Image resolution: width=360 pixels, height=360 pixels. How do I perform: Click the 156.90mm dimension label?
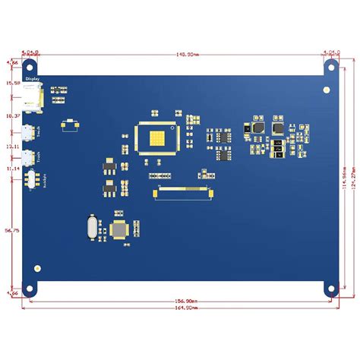[181, 301]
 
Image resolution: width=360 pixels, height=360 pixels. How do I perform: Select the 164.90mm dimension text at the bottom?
[181, 308]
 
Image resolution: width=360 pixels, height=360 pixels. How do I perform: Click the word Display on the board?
[32, 78]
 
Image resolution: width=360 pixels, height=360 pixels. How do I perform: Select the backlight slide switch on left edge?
[33, 180]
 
